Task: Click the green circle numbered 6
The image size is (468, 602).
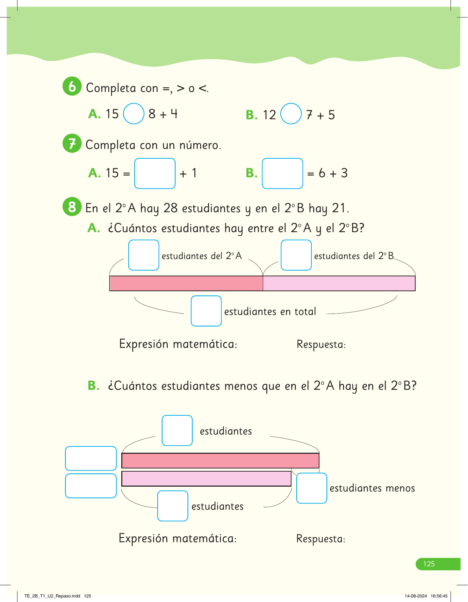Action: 72,86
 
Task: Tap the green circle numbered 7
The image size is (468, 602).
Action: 72,143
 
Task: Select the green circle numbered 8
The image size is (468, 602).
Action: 72,207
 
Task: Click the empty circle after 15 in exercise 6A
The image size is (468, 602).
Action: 134,114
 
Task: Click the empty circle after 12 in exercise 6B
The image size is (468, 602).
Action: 291,114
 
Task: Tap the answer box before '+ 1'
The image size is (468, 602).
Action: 155,173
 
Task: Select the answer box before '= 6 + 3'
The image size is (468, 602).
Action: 282,173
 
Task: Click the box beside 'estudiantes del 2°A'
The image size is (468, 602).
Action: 144,255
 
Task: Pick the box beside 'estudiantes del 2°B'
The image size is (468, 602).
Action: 296,255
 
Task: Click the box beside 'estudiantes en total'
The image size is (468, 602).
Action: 206,311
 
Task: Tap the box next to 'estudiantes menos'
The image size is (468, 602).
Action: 311,488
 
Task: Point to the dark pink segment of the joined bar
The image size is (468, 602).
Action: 186,284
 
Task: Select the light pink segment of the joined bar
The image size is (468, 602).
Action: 339,284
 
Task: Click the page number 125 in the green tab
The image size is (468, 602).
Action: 429,564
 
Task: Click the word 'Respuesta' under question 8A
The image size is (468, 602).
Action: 321,345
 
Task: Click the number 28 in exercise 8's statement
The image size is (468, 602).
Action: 171,208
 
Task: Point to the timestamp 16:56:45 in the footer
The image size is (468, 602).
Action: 439,596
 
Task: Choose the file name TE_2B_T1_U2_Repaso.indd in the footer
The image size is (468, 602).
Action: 52,596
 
